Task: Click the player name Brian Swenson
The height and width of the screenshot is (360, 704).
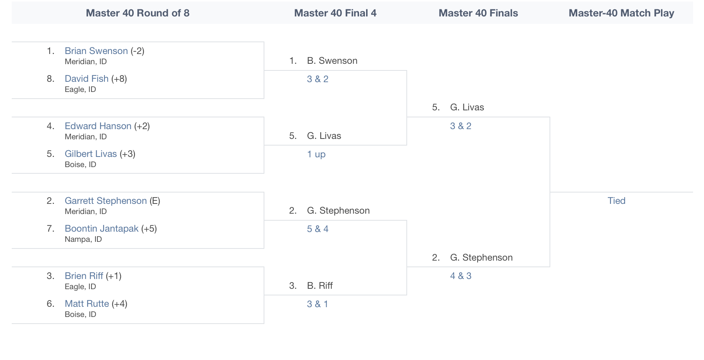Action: (x=96, y=51)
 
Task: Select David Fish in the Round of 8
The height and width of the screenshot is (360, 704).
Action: (x=86, y=79)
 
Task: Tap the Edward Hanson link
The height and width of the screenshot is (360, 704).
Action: (x=98, y=126)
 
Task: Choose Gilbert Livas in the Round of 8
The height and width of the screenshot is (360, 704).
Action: (x=91, y=154)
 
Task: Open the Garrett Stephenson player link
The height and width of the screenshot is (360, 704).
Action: (x=106, y=201)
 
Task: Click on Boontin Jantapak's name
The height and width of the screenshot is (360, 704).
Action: (x=101, y=229)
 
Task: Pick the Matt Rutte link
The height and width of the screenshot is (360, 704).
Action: (x=87, y=304)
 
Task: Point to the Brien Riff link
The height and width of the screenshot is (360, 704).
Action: (x=84, y=276)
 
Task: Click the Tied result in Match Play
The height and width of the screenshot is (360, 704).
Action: (x=616, y=201)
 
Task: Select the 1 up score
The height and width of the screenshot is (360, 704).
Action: (x=316, y=154)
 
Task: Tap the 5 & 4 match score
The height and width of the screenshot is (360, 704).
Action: (x=318, y=229)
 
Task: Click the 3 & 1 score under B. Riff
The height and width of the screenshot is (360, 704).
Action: (x=318, y=304)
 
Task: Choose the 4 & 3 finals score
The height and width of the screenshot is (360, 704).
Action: (x=461, y=276)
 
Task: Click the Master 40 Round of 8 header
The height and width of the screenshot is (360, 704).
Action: (x=138, y=13)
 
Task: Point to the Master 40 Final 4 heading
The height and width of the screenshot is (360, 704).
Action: (x=335, y=13)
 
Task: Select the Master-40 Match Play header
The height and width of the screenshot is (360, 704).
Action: (x=621, y=13)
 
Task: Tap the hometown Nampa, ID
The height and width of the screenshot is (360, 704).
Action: (x=83, y=239)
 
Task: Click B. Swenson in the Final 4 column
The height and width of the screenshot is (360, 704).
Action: (x=332, y=61)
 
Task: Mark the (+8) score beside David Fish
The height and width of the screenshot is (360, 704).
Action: (x=119, y=79)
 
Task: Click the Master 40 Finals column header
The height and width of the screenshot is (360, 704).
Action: (x=478, y=13)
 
